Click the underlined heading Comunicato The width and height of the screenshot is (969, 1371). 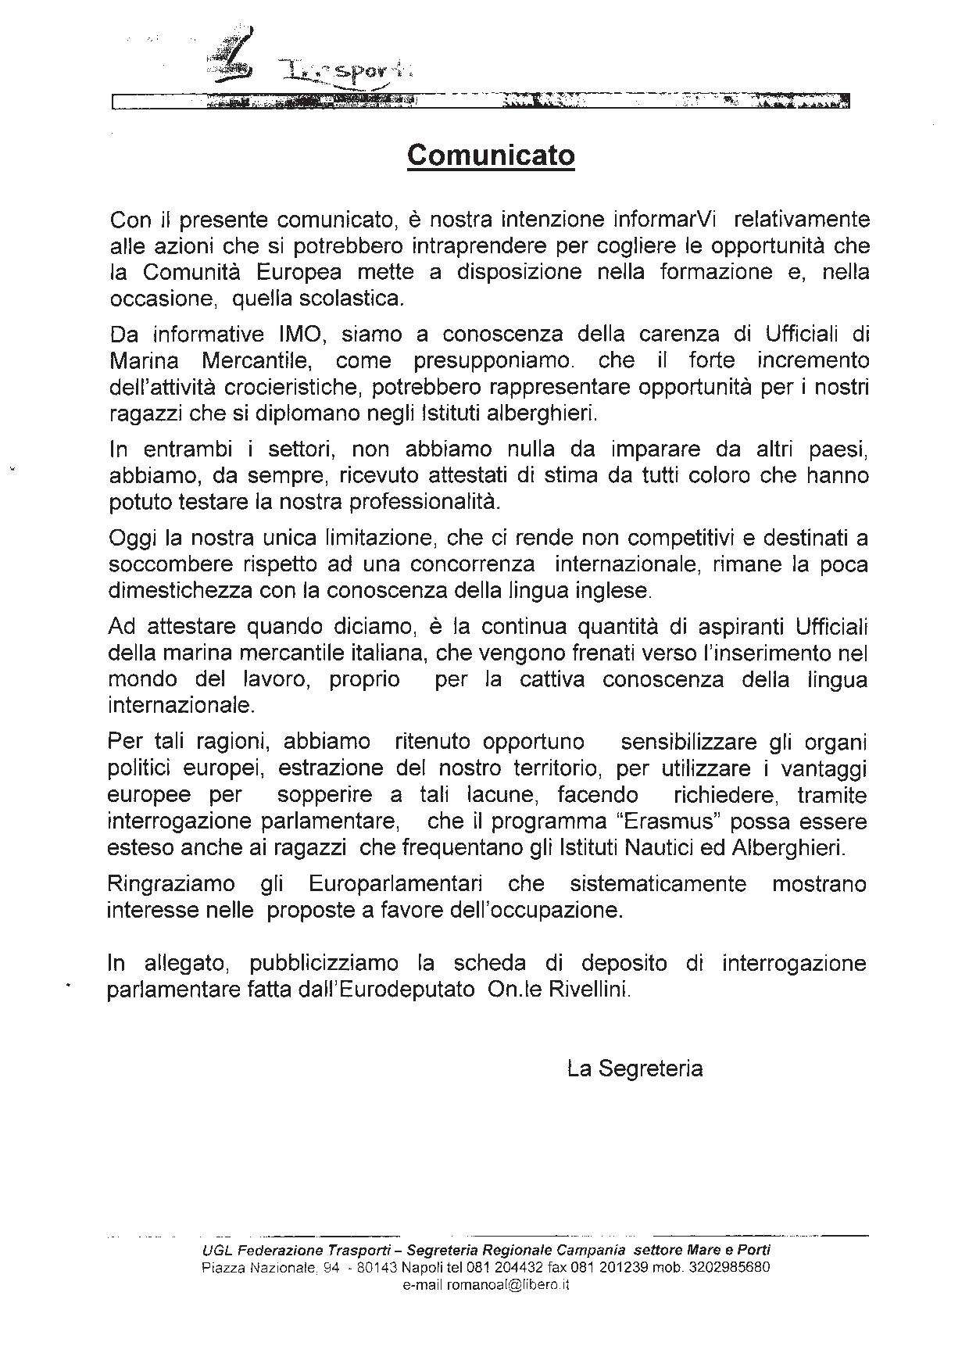click(491, 156)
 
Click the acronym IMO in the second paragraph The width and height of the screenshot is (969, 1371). click(295, 335)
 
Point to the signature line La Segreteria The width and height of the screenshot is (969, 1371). click(635, 1069)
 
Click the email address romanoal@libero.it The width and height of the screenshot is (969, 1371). click(485, 1285)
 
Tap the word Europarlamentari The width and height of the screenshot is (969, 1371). click(395, 884)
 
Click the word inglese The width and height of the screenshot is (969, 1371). click(611, 591)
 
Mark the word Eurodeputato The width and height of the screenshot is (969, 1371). click(409, 989)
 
